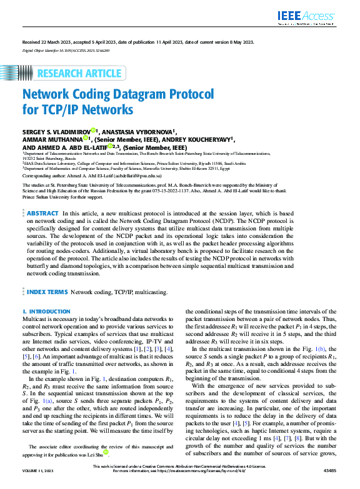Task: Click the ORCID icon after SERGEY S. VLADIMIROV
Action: click(94, 131)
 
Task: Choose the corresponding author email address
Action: click(142, 176)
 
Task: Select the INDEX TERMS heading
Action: click(47, 292)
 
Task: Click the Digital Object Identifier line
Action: click(66, 49)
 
